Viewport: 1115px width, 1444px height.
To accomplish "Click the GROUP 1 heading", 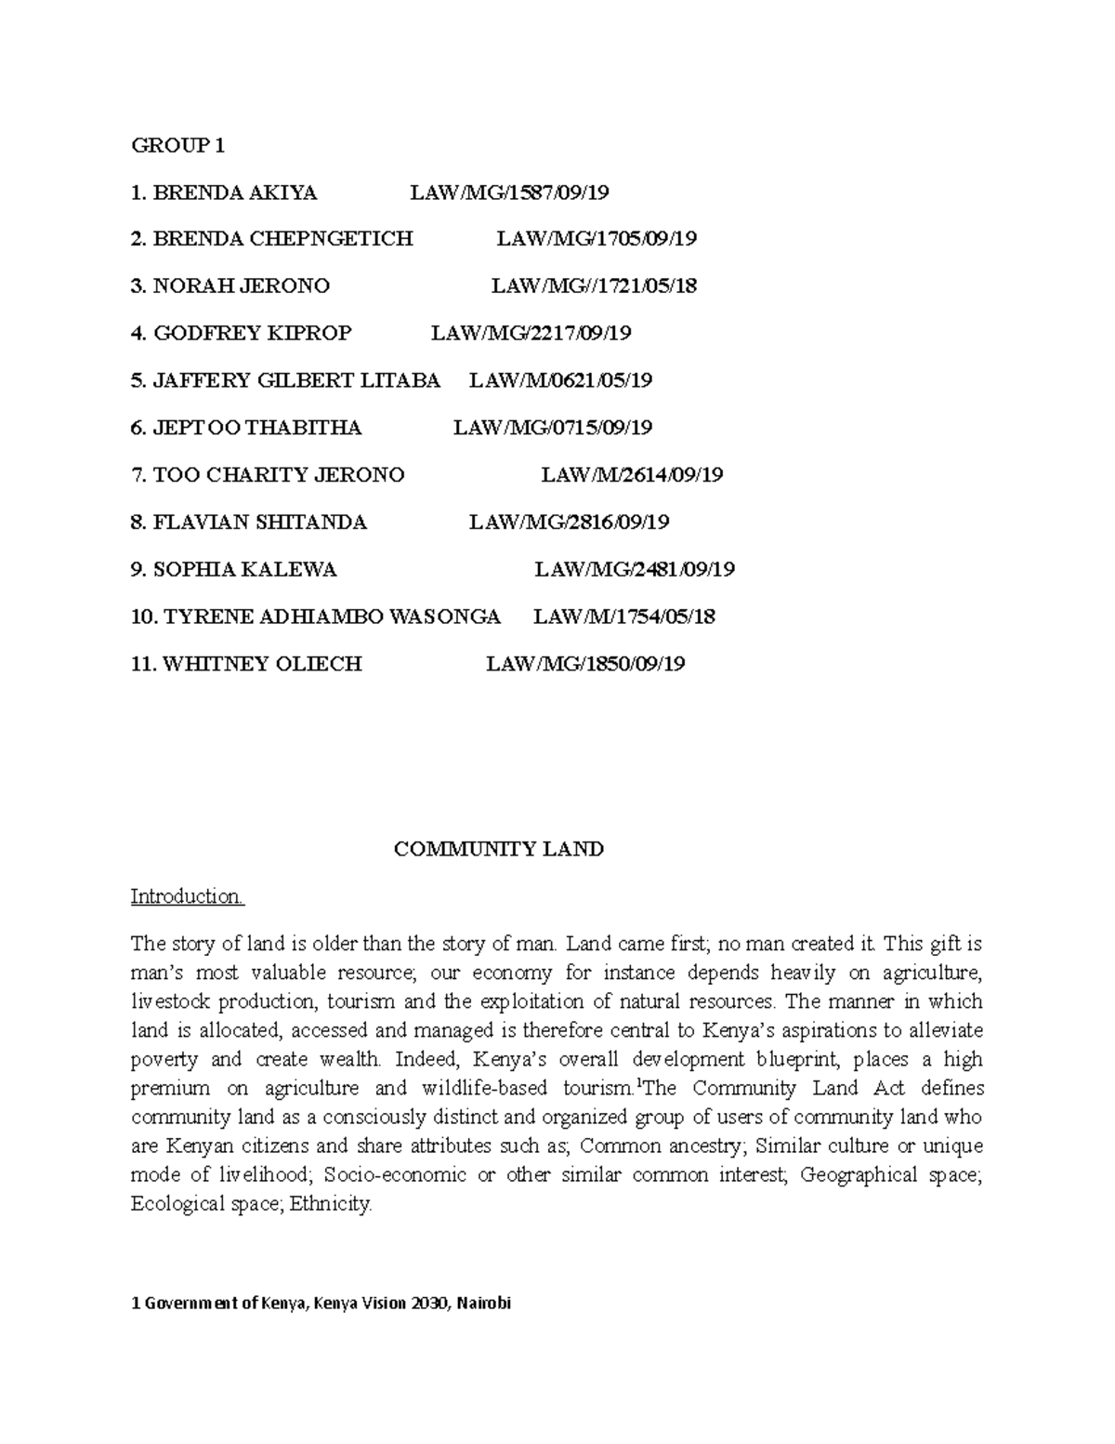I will (177, 145).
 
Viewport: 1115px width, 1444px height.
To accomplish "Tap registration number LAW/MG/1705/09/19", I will (596, 239).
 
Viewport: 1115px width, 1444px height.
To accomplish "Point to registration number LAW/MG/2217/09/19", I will (531, 333).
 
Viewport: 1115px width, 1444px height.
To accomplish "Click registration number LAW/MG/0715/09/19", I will (553, 428).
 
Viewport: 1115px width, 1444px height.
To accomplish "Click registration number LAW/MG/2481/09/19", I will (635, 569).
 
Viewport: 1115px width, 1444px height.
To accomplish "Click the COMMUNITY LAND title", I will (499, 849).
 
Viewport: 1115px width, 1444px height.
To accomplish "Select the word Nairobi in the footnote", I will (484, 1304).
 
